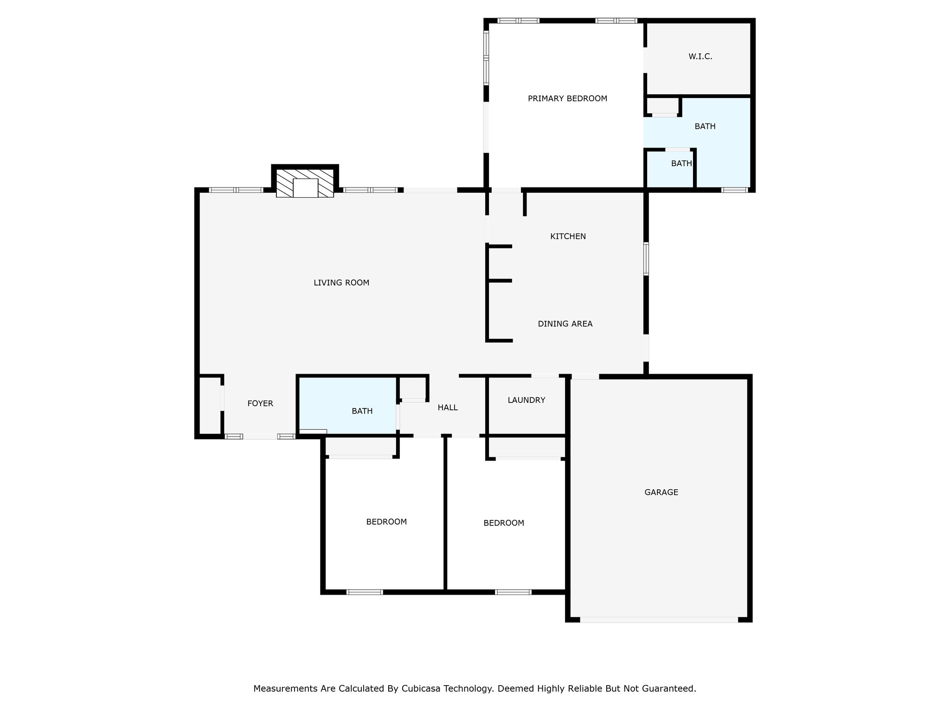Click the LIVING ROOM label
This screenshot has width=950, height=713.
pos(341,283)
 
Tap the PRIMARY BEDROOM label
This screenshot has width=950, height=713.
pos(567,98)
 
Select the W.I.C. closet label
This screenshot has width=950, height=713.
pos(700,57)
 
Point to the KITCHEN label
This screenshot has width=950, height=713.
pos(568,236)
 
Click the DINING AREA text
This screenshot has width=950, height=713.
pos(565,324)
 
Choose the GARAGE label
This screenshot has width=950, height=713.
pos(661,492)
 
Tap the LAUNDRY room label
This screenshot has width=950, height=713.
pos(526,400)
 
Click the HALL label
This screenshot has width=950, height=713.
pos(448,408)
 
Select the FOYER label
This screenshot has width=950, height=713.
pos(260,403)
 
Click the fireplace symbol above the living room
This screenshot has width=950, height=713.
pos(305,183)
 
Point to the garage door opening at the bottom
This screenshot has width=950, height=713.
pos(659,620)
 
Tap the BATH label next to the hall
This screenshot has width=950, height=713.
pos(362,411)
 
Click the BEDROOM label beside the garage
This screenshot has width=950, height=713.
pos(504,523)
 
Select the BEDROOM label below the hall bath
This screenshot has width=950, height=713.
pos(386,522)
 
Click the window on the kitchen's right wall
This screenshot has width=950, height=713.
pos(646,259)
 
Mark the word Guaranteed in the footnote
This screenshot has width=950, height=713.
pos(670,688)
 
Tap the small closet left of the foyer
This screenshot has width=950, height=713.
pos(210,405)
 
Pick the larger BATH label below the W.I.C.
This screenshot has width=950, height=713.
pos(705,126)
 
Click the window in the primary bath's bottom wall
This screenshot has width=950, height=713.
pos(735,190)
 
